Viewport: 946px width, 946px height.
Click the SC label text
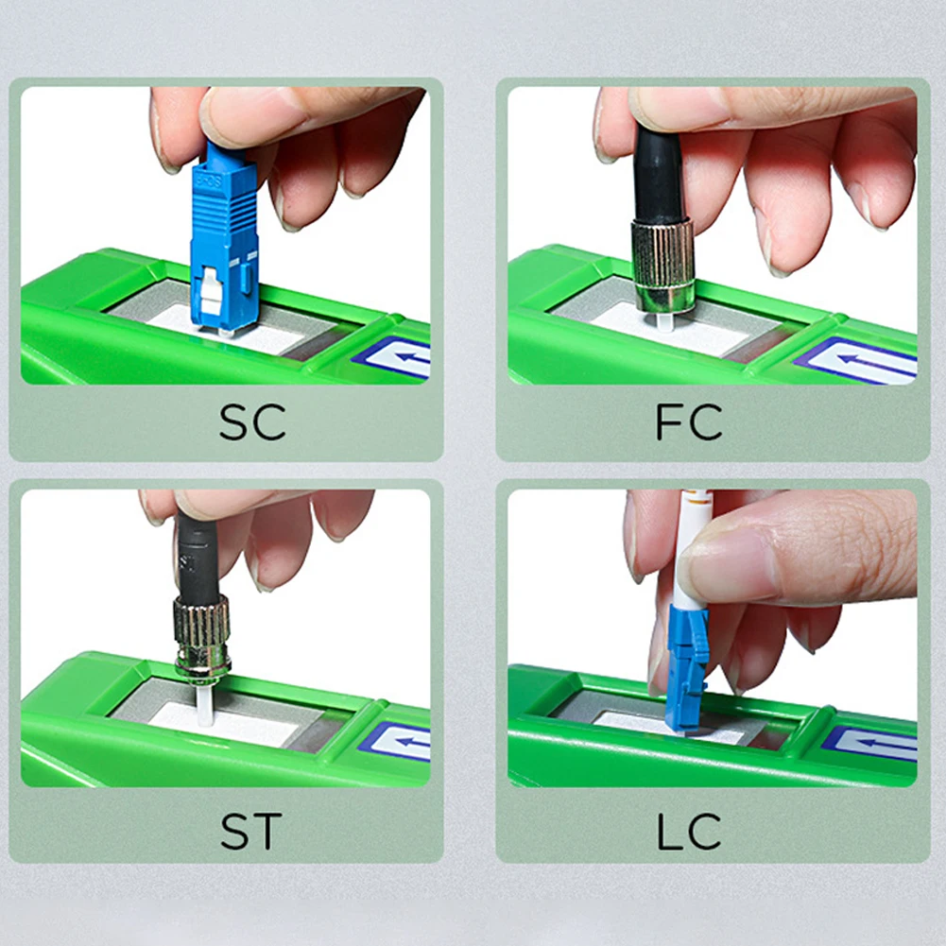(252, 422)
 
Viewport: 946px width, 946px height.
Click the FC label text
(689, 422)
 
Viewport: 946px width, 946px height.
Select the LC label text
(689, 831)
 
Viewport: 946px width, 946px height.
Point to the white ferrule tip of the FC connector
(662, 321)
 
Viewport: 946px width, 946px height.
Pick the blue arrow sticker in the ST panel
(403, 741)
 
